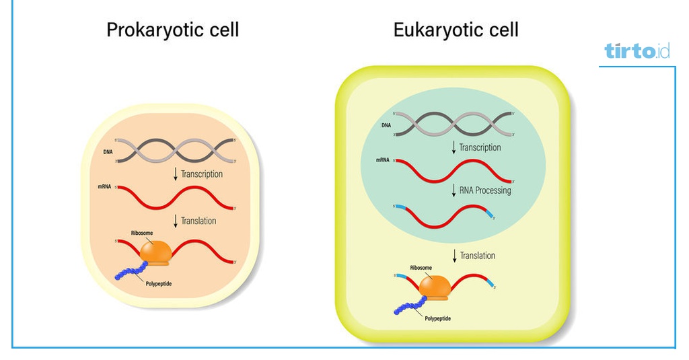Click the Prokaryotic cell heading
coord(172,30)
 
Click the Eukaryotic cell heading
coord(456,30)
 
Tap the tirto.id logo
coord(637,50)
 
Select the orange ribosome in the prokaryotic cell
coord(156,252)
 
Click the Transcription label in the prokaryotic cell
coord(201,174)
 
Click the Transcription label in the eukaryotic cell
coord(480,147)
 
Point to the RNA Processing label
coord(485,190)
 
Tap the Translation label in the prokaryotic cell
coord(198,221)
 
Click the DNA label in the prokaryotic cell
coord(108,151)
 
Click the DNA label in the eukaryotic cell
coord(386,125)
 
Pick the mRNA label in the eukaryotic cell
coord(383,160)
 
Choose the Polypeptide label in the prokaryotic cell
coord(158,284)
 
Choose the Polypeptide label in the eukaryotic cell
coord(437,318)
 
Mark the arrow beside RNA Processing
coord(454,190)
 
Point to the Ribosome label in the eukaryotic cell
coord(421,268)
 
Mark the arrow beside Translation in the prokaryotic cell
coord(176,221)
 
